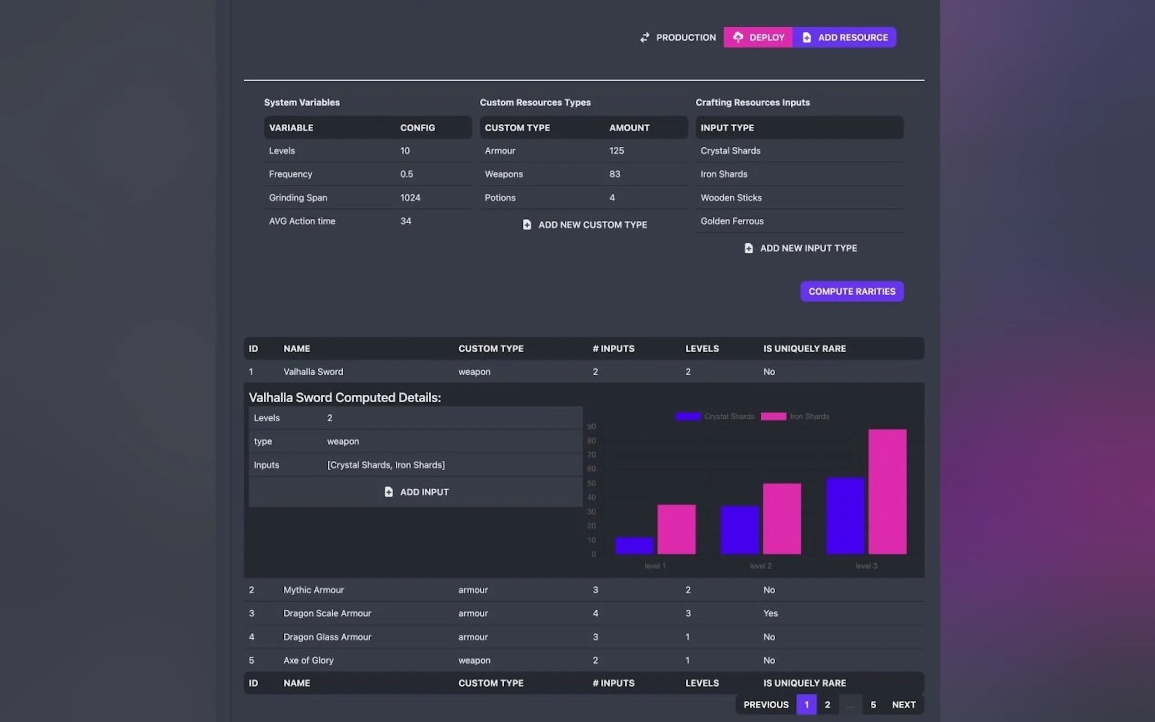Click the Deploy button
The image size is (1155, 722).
point(758,37)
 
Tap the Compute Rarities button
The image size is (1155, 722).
point(851,291)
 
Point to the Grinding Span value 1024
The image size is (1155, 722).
point(410,198)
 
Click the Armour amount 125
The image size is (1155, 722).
point(616,151)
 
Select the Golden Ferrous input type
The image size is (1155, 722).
point(732,221)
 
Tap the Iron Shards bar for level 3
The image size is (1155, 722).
point(887,492)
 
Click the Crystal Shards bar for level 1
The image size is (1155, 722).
point(634,546)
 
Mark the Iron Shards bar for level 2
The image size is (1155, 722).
point(782,519)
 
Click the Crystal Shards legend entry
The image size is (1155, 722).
point(715,416)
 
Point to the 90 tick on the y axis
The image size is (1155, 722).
point(591,426)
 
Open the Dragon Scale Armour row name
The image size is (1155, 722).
point(327,613)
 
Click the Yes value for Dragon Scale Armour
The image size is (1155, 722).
point(770,613)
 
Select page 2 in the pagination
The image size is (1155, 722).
point(827,705)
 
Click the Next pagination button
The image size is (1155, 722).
point(904,705)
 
